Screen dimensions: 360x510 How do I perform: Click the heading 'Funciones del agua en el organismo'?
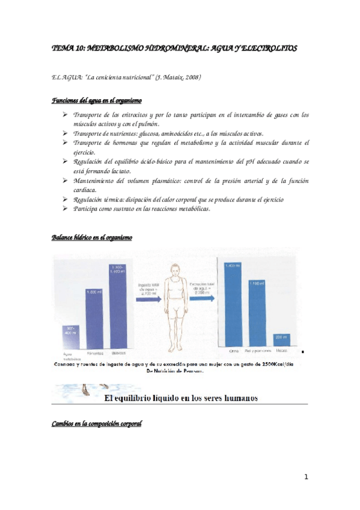[x=97, y=100]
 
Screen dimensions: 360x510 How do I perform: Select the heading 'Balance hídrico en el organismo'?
[x=93, y=238]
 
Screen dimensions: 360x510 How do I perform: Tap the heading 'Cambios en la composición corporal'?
[x=97, y=425]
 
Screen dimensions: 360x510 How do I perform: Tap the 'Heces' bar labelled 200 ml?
[x=281, y=340]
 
